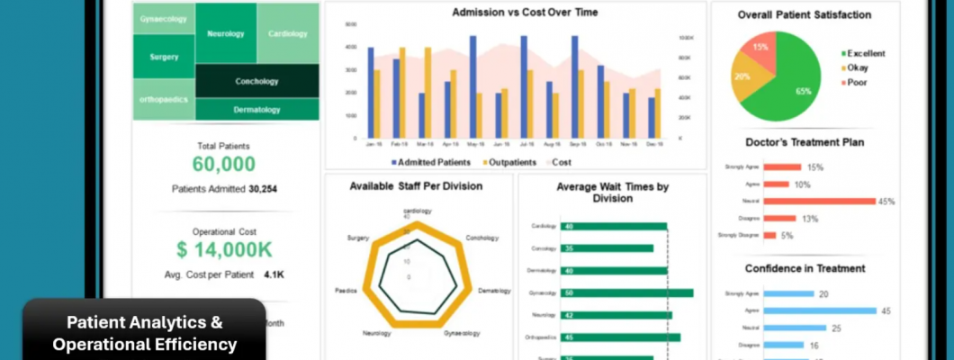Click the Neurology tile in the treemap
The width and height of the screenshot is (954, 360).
[225, 33]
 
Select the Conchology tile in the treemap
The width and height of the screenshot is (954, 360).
[256, 81]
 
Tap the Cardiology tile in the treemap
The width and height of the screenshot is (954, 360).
[288, 33]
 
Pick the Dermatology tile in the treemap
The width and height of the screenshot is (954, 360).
[256, 110]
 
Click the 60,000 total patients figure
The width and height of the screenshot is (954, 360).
[223, 165]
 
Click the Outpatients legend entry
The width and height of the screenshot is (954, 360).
[511, 162]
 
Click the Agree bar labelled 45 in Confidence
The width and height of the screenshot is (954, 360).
[819, 310]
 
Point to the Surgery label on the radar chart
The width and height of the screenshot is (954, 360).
[357, 238]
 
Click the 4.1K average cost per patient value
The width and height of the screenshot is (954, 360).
[274, 274]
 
